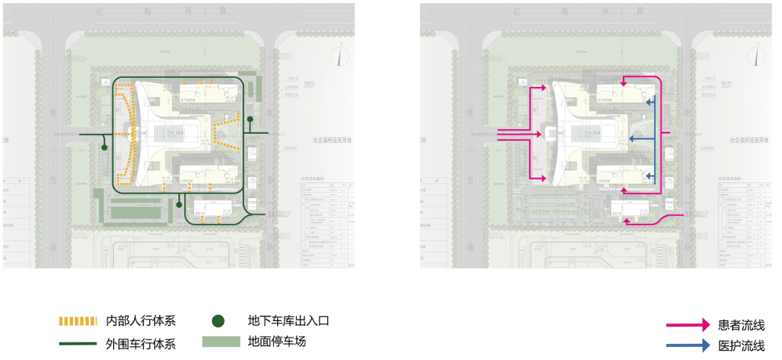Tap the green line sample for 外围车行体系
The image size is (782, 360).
[x=78, y=341]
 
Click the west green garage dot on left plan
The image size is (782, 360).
[x=103, y=147]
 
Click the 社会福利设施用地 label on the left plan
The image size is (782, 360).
[x=332, y=141]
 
